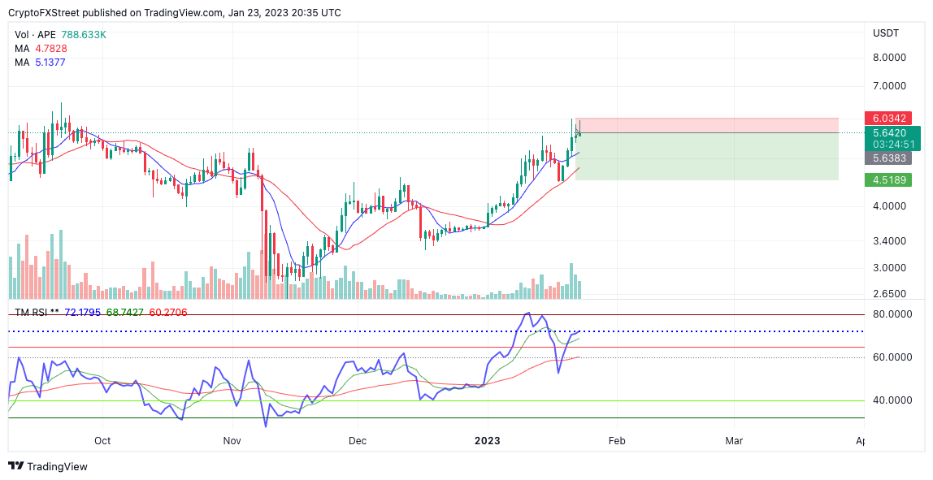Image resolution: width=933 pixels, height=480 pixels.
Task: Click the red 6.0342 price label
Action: (x=890, y=119)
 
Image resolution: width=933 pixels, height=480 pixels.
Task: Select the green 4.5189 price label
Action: (x=890, y=179)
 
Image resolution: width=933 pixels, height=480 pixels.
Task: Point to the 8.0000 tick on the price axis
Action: (x=889, y=58)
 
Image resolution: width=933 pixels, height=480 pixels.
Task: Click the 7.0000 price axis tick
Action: (x=889, y=86)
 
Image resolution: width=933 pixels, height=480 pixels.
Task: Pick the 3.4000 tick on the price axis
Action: (x=889, y=241)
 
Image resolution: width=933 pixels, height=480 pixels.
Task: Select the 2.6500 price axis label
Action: (x=889, y=294)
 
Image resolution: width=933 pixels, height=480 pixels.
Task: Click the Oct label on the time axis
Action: (x=102, y=441)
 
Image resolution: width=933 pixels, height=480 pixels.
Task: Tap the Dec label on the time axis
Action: (x=358, y=441)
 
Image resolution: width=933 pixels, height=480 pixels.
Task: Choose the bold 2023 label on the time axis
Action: (x=487, y=441)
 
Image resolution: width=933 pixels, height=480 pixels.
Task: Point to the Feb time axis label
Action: (x=617, y=441)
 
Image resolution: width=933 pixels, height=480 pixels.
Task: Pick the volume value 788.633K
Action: (x=84, y=35)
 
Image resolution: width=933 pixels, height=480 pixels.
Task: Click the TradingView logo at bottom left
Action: (x=48, y=466)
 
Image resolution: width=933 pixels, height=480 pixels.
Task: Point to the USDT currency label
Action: (x=886, y=33)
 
